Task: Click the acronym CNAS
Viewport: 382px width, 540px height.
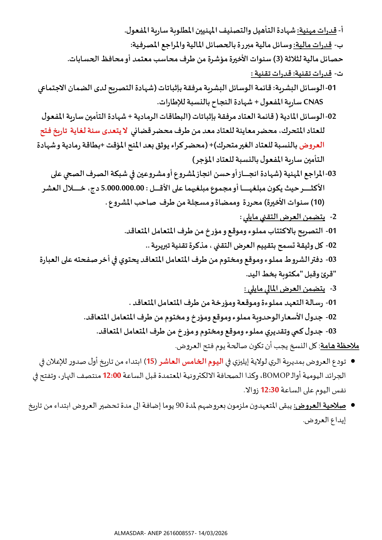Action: [313, 102]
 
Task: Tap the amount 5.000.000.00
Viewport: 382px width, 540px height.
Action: [123, 188]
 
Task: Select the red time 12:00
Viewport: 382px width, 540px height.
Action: [112, 376]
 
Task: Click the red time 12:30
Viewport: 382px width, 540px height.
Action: [270, 390]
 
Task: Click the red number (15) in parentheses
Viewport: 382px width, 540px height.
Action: [151, 361]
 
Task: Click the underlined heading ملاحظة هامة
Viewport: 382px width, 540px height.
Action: [340, 346]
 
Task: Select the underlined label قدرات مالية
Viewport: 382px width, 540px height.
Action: [312, 45]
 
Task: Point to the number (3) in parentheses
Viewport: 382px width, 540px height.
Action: [276, 59]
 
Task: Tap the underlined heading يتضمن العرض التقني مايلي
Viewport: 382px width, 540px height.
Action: [284, 217]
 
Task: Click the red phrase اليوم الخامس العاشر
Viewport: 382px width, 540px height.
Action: [191, 361]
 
